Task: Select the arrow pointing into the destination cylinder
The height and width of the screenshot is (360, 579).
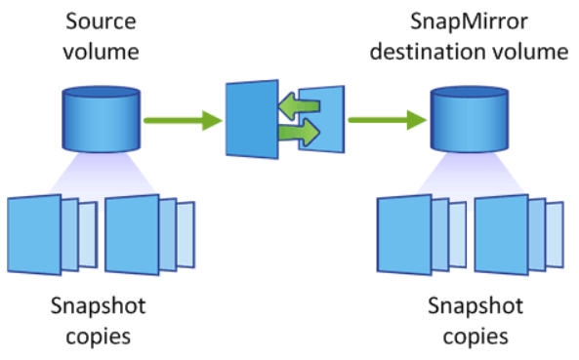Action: (x=385, y=121)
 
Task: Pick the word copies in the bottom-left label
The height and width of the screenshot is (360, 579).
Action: (x=98, y=337)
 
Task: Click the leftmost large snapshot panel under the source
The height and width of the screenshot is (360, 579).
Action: (x=33, y=228)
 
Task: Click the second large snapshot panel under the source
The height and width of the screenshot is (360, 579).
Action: (x=131, y=227)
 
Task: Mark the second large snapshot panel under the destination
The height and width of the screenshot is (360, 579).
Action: (x=500, y=227)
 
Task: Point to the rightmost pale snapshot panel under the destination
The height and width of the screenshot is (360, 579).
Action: (x=555, y=225)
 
